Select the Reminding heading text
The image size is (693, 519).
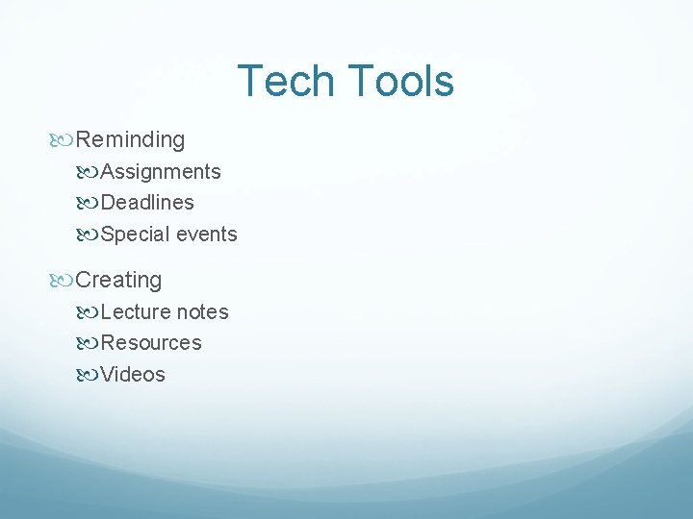(x=130, y=139)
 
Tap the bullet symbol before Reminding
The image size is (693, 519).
(x=64, y=140)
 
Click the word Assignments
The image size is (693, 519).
(x=161, y=172)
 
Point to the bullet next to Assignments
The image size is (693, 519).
(x=90, y=173)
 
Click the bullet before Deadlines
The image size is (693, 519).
(x=90, y=204)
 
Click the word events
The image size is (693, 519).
(x=206, y=235)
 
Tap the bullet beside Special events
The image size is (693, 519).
(x=90, y=235)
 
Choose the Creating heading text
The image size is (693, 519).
(x=118, y=281)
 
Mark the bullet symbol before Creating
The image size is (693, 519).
(x=64, y=281)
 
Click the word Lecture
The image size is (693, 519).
(x=136, y=312)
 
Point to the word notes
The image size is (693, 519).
(x=202, y=312)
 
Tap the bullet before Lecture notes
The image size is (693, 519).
(x=90, y=312)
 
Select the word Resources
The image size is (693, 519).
(x=151, y=343)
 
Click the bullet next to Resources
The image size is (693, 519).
(x=90, y=344)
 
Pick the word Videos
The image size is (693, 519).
(x=133, y=375)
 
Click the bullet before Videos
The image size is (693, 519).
(x=90, y=375)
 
